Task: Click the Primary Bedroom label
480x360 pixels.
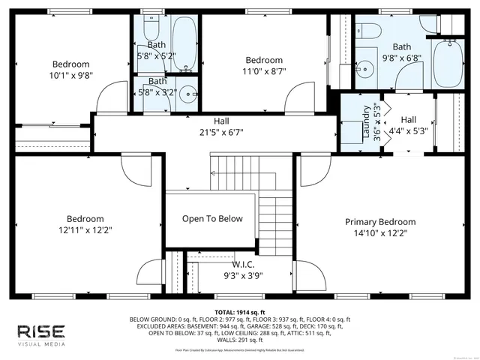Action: tap(379, 222)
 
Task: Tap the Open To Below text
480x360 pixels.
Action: tap(213, 219)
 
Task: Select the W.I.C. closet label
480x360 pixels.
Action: tap(243, 264)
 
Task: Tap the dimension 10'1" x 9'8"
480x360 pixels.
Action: tap(70, 76)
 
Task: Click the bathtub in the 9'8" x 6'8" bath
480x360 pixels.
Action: tap(448, 66)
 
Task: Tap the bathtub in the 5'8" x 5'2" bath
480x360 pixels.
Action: tap(183, 41)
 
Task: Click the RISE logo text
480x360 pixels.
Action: tap(42, 331)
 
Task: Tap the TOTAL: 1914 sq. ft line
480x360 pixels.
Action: tap(239, 311)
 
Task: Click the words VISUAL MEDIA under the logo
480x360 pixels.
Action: tap(42, 344)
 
